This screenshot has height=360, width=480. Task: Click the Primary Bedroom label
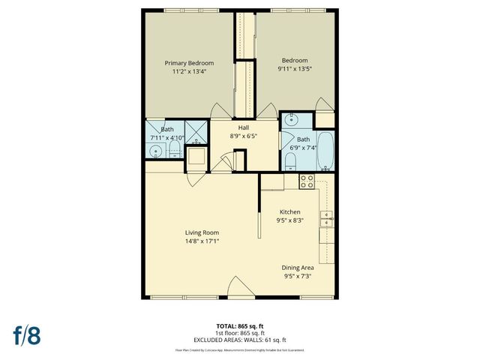(189, 62)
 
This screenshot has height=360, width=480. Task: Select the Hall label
(244, 127)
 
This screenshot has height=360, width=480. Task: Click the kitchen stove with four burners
(307, 181)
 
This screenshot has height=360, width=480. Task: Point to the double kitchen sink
(327, 219)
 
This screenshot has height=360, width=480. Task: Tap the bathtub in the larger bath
(326, 151)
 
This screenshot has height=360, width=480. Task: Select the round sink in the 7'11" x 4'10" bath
(156, 151)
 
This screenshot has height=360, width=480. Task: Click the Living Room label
(202, 232)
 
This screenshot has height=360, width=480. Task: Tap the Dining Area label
(298, 268)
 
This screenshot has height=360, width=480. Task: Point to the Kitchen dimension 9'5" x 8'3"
(289, 221)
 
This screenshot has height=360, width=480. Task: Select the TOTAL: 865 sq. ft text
(240, 326)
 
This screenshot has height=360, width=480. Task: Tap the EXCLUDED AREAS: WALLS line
(240, 340)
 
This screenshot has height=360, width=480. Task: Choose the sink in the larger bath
(292, 119)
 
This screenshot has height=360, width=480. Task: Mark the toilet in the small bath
(174, 151)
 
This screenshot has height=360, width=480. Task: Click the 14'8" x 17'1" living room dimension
(202, 241)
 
